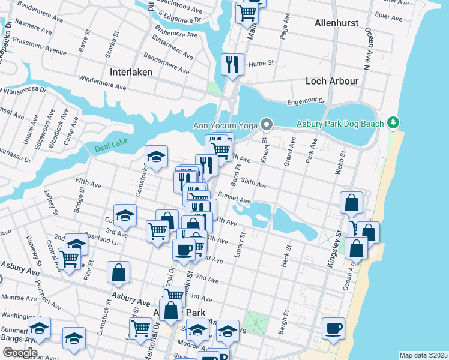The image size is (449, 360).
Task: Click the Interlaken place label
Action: click(x=131, y=72)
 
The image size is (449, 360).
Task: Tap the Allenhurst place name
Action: click(x=336, y=23)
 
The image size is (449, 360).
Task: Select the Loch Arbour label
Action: click(x=332, y=81)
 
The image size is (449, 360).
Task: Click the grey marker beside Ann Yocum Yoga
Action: click(x=267, y=125)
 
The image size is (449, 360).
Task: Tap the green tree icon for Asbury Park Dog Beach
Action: click(x=393, y=123)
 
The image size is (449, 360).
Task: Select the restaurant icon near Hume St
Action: click(x=232, y=64)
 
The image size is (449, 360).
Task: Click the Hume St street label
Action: click(x=261, y=62)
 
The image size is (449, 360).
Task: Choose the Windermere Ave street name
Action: click(x=103, y=82)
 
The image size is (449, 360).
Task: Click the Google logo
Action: click(x=19, y=352)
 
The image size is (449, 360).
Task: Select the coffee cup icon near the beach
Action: click(x=333, y=328)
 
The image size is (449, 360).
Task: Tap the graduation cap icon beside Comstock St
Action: click(x=156, y=157)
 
